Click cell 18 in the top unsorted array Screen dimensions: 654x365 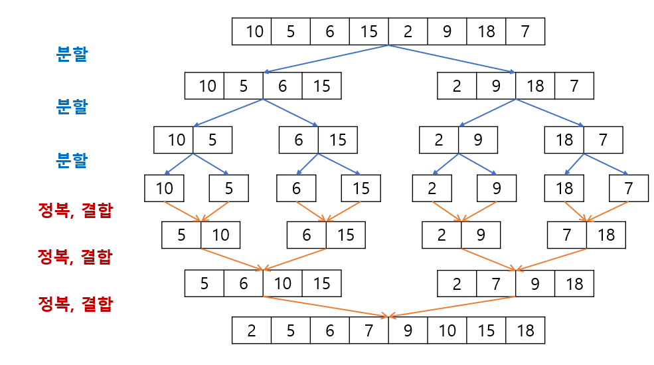point(486,31)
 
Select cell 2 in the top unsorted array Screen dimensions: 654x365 point(408,31)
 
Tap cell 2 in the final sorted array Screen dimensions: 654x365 point(252,330)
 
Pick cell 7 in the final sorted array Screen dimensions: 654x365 point(368,330)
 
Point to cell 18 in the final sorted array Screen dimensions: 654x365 point(525,330)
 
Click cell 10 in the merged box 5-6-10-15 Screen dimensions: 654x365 point(282,283)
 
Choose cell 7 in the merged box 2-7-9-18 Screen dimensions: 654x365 point(496,283)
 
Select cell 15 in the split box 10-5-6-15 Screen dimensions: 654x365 point(321,86)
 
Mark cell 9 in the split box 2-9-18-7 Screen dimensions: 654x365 point(496,86)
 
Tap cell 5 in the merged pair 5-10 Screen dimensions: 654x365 point(181,235)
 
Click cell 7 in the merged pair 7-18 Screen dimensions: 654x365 point(567,235)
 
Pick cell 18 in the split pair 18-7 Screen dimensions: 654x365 point(564,140)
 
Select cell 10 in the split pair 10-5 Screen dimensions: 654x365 point(174,140)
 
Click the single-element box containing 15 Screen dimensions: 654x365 point(361,188)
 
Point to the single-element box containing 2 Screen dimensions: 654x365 point(432,188)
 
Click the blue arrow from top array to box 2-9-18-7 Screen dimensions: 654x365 point(451,59)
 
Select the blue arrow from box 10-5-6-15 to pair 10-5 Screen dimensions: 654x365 point(228,113)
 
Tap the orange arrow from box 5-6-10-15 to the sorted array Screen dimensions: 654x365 point(325,306)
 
